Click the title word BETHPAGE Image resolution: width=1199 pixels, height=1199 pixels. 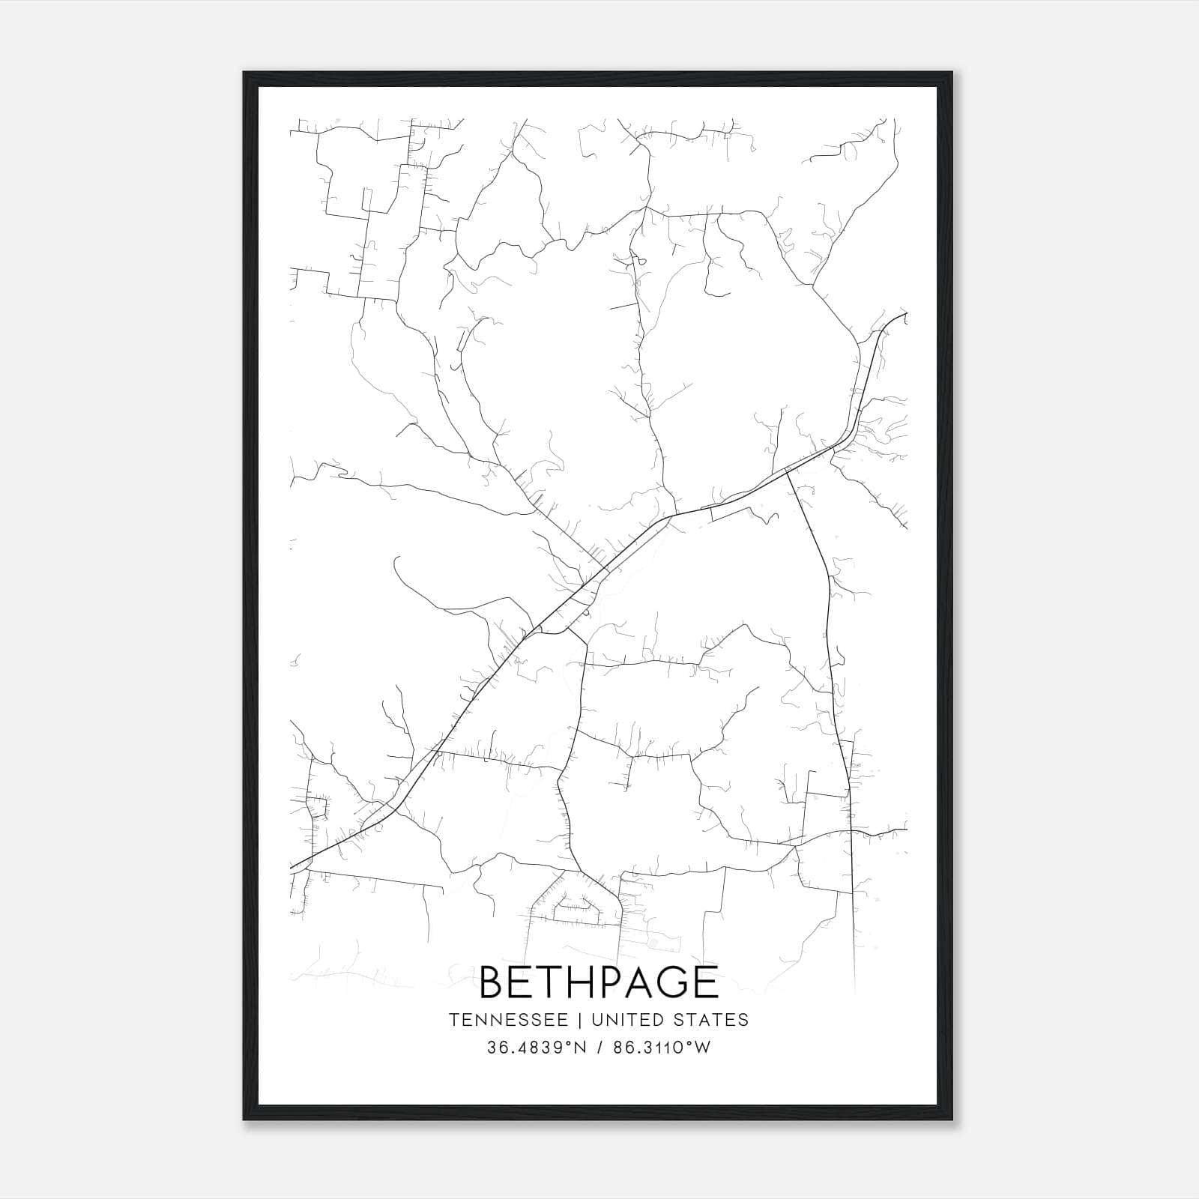coord(599,982)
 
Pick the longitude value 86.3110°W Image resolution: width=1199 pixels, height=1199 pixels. coord(662,1048)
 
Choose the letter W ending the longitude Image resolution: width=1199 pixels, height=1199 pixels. coord(703,1048)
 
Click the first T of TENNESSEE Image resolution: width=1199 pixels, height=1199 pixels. coord(454,1020)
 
